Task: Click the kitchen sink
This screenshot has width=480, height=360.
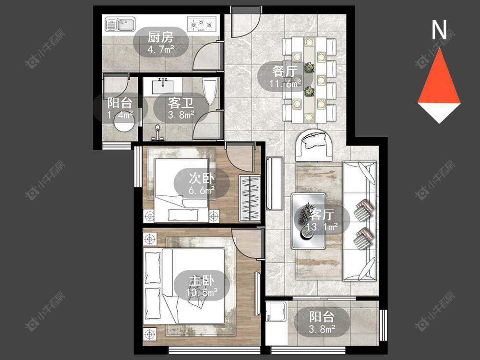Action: tap(120, 24)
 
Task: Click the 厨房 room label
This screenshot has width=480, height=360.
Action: tap(160, 37)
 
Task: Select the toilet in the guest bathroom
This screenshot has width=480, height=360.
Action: tap(210, 90)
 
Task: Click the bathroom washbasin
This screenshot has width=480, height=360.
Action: tap(162, 86)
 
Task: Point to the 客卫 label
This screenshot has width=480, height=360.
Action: tap(180, 103)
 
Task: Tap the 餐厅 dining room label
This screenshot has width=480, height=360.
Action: tap(285, 72)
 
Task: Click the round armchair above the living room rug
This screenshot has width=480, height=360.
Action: tap(314, 145)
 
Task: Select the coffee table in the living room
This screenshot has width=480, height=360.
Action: tap(308, 221)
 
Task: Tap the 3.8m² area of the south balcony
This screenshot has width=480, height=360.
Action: tap(322, 329)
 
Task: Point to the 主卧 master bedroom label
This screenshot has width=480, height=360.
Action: tap(202, 281)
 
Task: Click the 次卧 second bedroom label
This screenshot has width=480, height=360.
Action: tap(202, 179)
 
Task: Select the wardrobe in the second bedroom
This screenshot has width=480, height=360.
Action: tap(250, 198)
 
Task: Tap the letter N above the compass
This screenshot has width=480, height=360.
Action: tap(439, 30)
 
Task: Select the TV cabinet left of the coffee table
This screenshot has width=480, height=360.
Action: tap(275, 183)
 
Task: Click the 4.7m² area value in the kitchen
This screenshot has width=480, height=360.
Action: tap(161, 49)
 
